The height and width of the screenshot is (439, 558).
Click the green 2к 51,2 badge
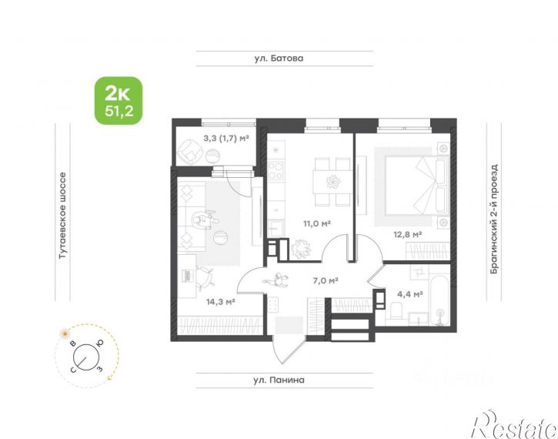(119, 100)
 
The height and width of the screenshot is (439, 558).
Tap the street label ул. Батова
(279, 58)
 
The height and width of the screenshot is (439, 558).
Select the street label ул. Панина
(279, 380)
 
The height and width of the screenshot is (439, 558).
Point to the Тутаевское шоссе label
(62, 216)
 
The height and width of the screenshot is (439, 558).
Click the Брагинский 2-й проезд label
(493, 219)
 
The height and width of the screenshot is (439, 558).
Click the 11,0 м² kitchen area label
(317, 223)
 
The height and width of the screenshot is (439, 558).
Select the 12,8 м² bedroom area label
(407, 234)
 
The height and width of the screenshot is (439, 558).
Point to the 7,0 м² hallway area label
(326, 280)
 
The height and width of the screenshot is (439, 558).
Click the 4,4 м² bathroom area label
(410, 294)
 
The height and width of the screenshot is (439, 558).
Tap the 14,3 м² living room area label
(220, 302)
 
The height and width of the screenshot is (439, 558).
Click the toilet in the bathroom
(396, 310)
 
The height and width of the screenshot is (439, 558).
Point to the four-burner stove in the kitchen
(276, 170)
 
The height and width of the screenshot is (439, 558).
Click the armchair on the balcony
(189, 151)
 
